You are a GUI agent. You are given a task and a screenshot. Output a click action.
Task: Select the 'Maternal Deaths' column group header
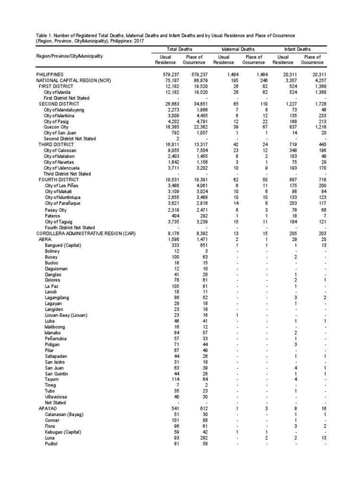pyautogui.click(x=238, y=49)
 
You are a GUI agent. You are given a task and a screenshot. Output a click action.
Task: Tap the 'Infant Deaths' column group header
pyautogui.click(x=297, y=49)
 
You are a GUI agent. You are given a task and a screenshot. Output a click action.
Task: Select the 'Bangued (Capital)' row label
pyautogui.click(x=63, y=245)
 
